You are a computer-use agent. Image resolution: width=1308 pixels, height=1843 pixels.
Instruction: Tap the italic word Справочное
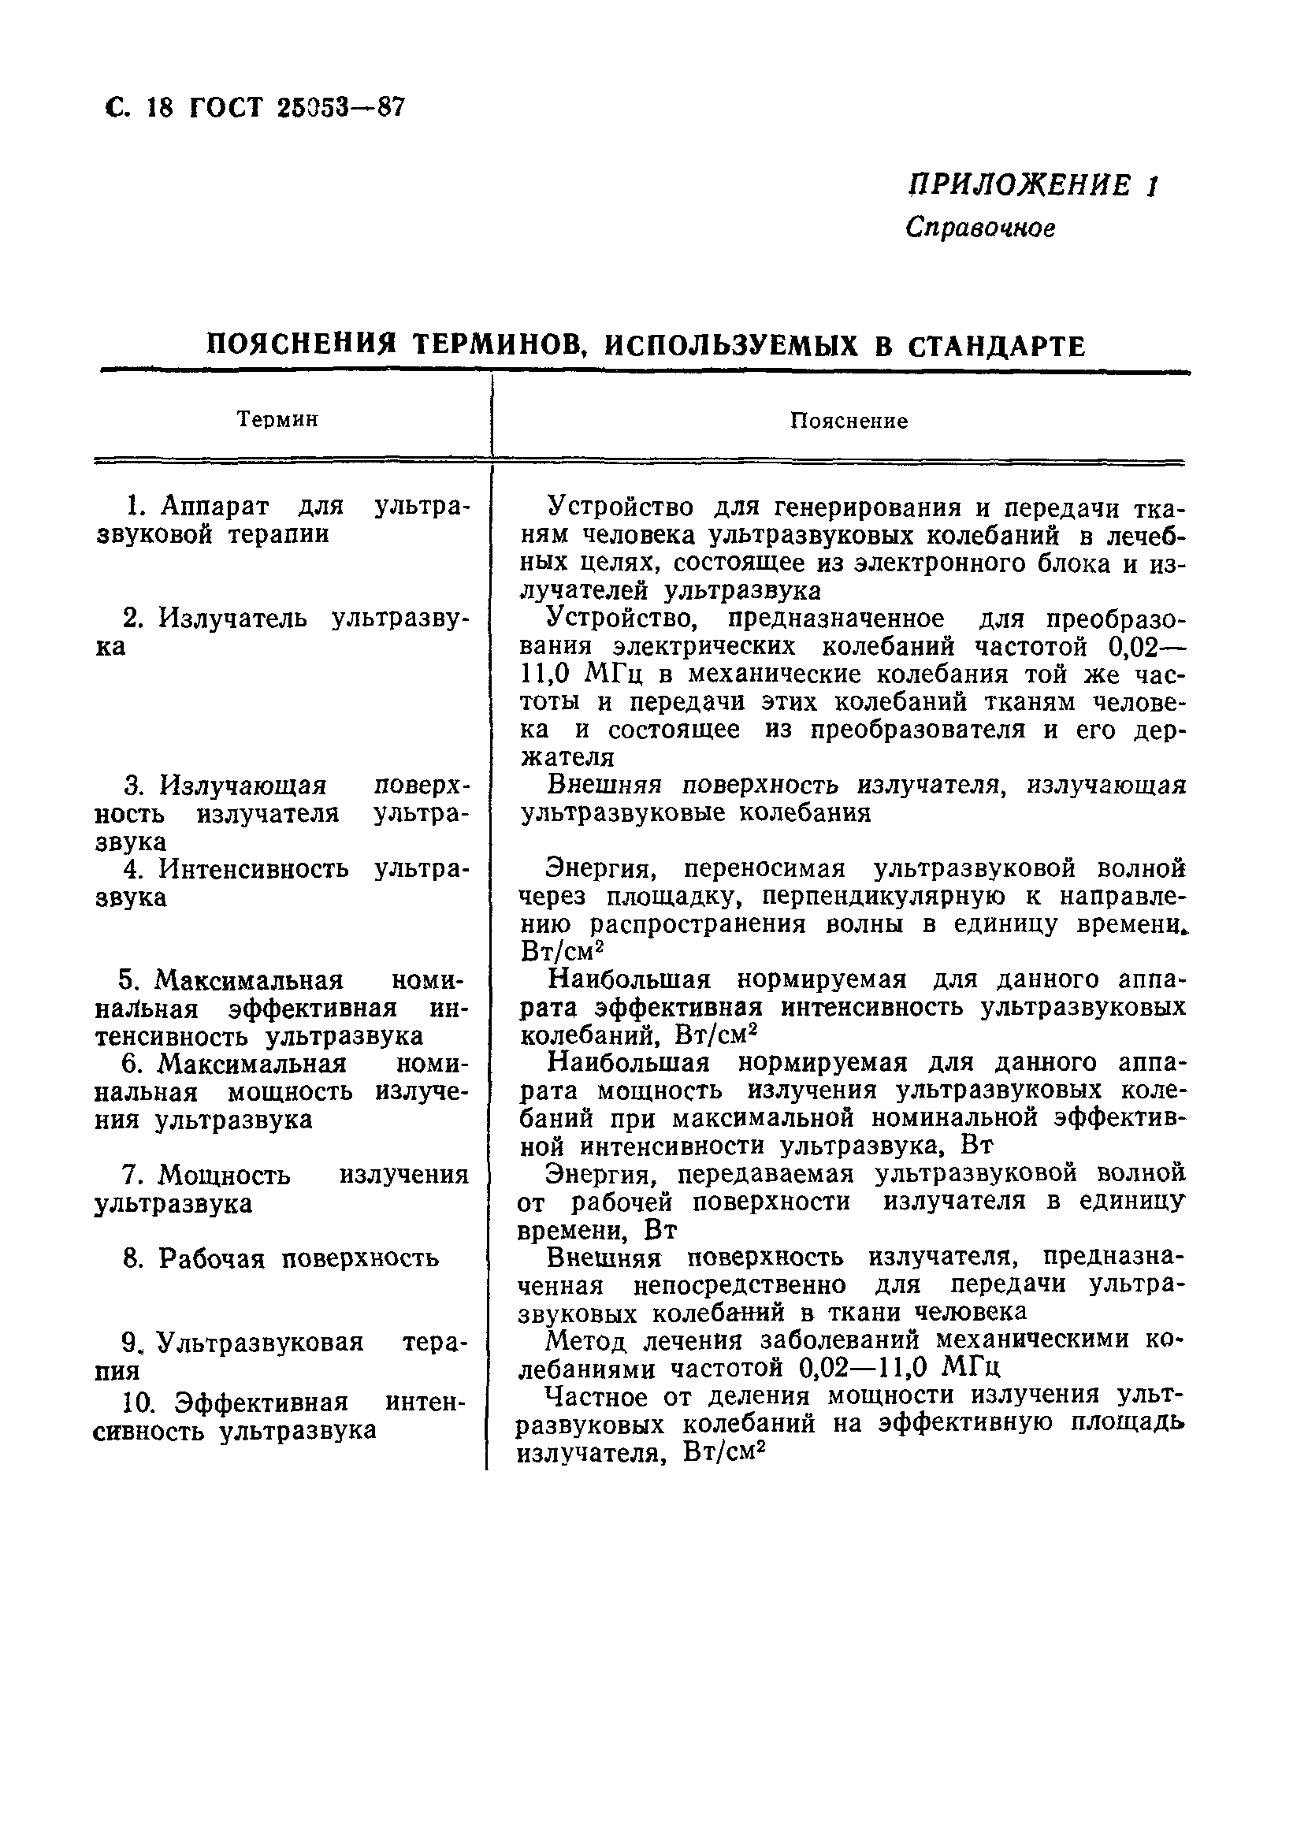(979, 229)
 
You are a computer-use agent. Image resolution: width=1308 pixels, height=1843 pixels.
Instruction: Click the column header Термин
(278, 420)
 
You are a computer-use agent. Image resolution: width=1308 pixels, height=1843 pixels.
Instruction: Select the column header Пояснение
(848, 422)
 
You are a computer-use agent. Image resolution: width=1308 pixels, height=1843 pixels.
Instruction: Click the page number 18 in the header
(160, 107)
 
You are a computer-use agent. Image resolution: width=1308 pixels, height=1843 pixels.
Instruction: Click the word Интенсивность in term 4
(254, 869)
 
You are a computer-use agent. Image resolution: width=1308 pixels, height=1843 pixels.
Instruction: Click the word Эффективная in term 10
(262, 1403)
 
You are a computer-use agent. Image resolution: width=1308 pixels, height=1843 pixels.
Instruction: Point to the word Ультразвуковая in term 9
(259, 1342)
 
